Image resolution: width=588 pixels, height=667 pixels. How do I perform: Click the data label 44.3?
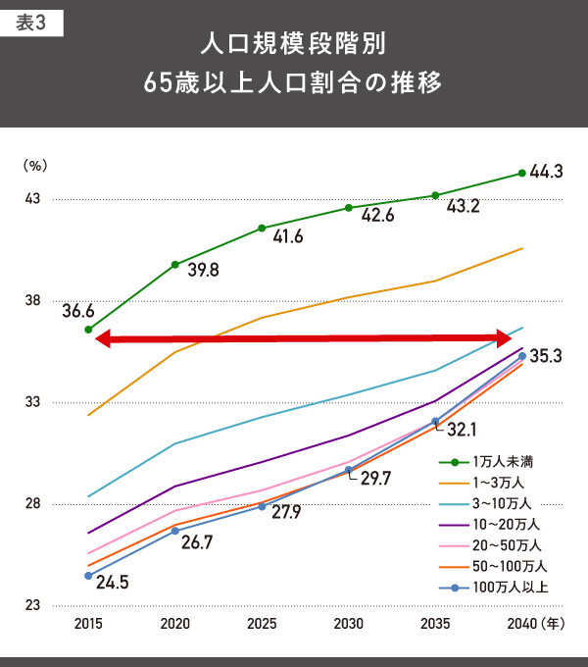point(546,172)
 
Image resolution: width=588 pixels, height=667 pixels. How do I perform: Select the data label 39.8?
point(202,270)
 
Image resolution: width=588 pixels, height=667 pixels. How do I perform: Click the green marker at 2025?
point(262,229)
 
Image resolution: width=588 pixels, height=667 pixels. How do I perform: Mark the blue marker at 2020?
point(175,531)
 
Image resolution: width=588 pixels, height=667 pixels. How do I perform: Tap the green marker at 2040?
point(521,174)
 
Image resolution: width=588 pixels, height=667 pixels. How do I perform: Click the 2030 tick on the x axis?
point(348,624)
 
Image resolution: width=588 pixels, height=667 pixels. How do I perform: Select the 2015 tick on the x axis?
point(88,624)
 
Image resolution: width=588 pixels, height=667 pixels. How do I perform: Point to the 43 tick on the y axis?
point(32,199)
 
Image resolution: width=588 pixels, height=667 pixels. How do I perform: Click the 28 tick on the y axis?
point(32,504)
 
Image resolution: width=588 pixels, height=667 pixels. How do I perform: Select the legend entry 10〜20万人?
point(506,525)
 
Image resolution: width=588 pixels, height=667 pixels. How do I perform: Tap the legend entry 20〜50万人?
point(506,545)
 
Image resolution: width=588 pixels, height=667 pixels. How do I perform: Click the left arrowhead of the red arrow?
point(103,339)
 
